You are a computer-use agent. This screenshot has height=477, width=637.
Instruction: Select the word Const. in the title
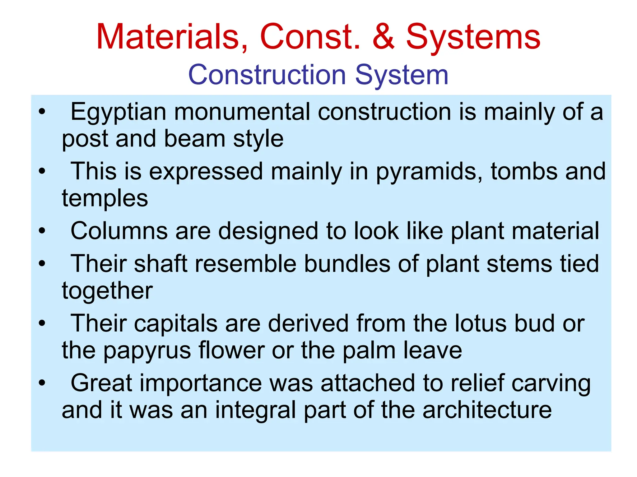310,37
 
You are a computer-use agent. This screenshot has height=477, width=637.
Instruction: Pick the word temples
105,198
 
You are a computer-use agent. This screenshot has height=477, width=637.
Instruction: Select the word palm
369,350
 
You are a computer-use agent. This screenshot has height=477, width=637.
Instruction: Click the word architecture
487,410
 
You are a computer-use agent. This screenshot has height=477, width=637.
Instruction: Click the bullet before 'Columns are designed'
42,231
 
